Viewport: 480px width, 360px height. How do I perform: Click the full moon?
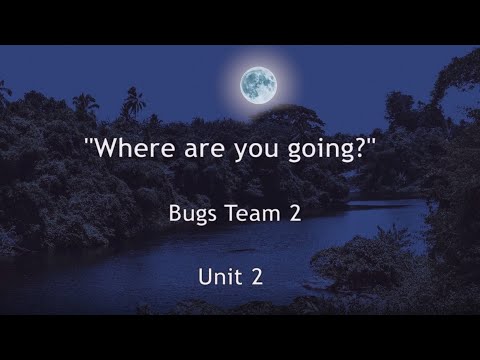click(258, 83)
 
